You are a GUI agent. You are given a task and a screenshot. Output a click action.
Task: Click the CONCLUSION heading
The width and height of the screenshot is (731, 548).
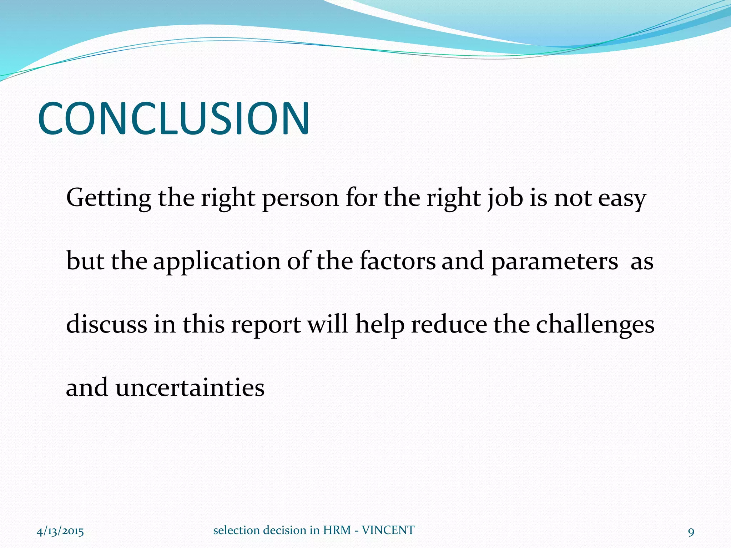173,118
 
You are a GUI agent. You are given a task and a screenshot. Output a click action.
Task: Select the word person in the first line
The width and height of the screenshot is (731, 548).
300,198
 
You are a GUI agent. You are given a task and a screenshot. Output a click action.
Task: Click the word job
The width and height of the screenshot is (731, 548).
505,198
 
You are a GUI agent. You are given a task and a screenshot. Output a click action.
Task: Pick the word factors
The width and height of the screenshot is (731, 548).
397,261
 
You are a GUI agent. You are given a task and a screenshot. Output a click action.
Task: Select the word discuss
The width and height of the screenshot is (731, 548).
106,325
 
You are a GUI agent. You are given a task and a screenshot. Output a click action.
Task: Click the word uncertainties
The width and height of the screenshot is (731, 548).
190,388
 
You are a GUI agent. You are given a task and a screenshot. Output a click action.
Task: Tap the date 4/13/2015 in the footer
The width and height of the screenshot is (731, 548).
60,531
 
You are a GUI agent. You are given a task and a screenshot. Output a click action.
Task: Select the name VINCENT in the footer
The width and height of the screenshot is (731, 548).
388,530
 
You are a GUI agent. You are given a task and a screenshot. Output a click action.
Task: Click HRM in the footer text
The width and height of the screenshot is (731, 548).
337,530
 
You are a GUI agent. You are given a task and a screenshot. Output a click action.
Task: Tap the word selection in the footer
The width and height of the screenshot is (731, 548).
236,530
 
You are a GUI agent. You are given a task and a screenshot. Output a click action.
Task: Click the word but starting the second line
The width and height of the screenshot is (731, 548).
86,261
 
